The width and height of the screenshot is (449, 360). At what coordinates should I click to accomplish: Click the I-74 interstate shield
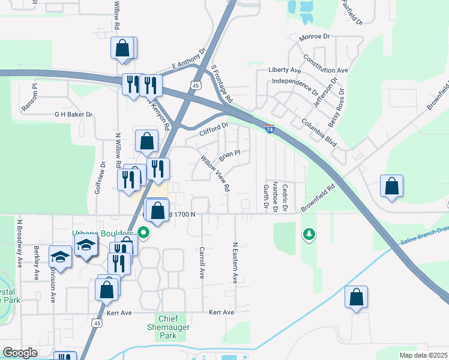click(x=270, y=128)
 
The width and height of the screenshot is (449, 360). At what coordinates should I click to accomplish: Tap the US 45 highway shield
click(x=195, y=86)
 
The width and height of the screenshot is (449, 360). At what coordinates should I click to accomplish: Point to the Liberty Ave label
click(x=285, y=70)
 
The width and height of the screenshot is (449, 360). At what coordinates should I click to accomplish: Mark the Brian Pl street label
click(x=229, y=156)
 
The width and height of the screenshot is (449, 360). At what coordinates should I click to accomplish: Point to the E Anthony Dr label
click(x=188, y=59)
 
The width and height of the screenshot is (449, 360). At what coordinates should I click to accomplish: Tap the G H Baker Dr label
click(x=74, y=114)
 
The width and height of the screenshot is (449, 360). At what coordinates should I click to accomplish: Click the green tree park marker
click(x=309, y=233)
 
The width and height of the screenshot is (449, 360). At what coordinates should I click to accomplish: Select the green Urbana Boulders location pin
click(x=143, y=232)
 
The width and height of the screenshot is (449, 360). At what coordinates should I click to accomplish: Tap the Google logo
click(x=20, y=352)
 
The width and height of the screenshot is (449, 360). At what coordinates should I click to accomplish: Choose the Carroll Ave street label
click(x=202, y=262)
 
